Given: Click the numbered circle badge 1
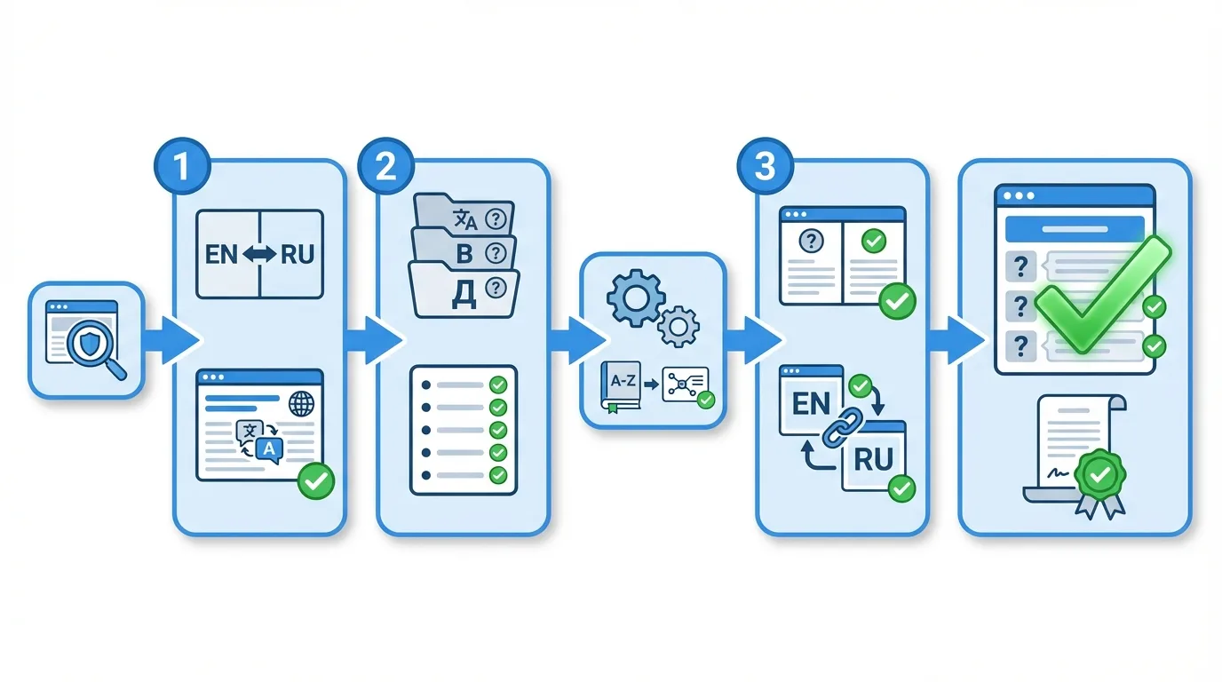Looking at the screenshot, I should coord(182,168).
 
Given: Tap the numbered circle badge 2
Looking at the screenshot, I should coord(385,168).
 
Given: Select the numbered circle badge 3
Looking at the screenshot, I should coord(765,168).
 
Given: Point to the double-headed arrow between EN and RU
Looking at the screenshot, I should coord(260,255).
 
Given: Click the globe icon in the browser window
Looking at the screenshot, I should coord(302,404).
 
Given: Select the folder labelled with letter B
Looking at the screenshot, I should coord(464,252).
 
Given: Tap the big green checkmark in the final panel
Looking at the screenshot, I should coord(1101,295).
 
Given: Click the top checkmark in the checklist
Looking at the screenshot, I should coord(498,385).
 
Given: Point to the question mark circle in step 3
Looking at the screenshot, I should coord(810,241).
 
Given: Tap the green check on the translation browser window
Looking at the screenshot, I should coord(314,481).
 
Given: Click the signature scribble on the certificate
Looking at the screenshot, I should coord(1057,473).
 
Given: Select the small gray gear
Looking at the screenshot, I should coord(678,327).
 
